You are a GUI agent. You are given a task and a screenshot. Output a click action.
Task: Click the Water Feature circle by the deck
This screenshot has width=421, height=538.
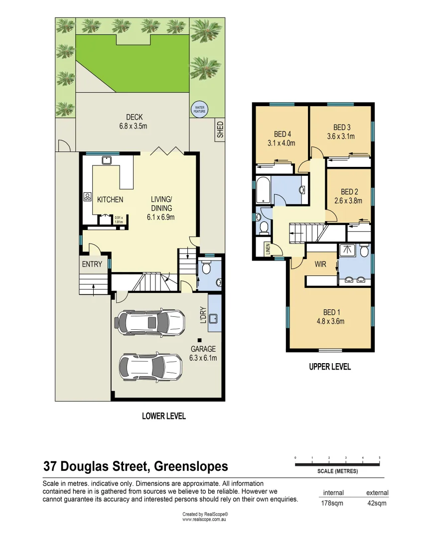(x=199, y=110)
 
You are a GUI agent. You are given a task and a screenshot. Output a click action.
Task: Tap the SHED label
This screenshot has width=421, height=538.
(x=220, y=130)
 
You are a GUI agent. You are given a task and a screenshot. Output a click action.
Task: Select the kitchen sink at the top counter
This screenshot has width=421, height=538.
(x=106, y=160)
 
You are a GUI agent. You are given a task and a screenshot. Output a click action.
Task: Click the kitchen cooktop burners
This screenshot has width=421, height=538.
(x=87, y=197)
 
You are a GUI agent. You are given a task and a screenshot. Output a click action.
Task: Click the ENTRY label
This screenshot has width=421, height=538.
(x=92, y=265)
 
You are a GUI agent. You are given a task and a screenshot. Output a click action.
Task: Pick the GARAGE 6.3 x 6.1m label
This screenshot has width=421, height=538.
(x=203, y=353)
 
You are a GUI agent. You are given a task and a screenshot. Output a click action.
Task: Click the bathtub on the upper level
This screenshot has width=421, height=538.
(x=263, y=191)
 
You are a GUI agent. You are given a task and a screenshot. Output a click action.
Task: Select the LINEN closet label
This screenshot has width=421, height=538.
(x=267, y=248)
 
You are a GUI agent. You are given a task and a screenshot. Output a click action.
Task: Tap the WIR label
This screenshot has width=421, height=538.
(x=321, y=265)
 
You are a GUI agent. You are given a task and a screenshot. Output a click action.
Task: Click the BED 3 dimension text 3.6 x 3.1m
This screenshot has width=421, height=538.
(x=341, y=136)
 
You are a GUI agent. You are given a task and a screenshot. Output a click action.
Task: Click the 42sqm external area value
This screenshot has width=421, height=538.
(x=377, y=503)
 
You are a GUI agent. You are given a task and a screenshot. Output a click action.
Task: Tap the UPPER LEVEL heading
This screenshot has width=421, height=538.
(x=330, y=367)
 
